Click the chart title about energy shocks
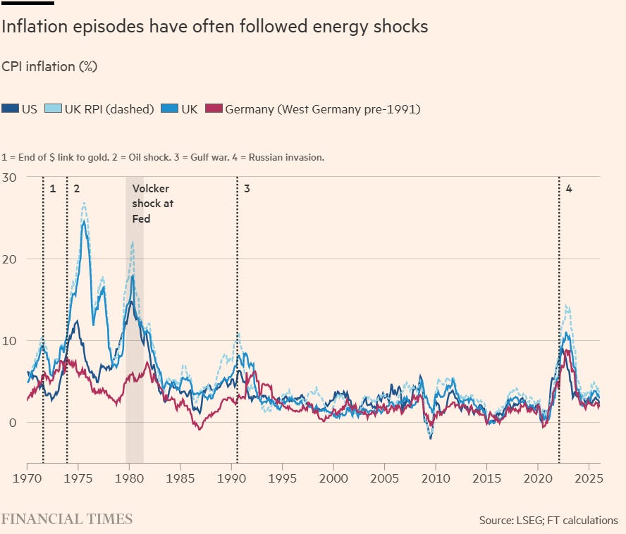coord(215,27)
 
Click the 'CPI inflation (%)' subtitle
coord(49,67)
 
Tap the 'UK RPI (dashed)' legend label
coord(109,109)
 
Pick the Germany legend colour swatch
coord(213,109)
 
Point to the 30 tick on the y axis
coord(10,177)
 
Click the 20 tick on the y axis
coord(10,259)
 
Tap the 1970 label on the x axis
coord(27,477)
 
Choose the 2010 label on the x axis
coord(435,477)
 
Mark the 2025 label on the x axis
coord(588,477)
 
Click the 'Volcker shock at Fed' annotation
coord(152,204)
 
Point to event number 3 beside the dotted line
coord(247,189)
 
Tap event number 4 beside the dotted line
coord(569,189)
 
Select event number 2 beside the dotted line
coord(76,189)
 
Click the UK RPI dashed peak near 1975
coord(84,203)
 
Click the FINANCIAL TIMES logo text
coord(66,520)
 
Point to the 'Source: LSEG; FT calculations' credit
coord(548,521)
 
